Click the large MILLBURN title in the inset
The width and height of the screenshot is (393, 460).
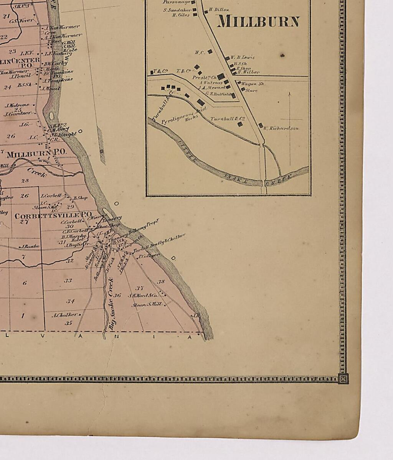coord(258,21)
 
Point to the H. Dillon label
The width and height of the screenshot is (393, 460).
coord(219,10)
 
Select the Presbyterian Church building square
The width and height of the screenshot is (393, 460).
coord(221,77)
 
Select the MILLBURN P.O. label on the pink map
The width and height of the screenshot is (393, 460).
coord(36,154)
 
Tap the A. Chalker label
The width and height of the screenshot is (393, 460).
coord(64,315)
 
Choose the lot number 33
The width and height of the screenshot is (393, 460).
coord(68,281)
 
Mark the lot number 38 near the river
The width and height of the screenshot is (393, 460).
coord(161,282)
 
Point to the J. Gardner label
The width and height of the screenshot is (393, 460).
coord(17,114)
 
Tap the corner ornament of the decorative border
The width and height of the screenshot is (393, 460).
coord(343,379)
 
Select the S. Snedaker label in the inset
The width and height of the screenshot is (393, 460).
coord(177,10)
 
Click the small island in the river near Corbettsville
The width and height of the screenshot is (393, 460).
coord(107,212)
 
